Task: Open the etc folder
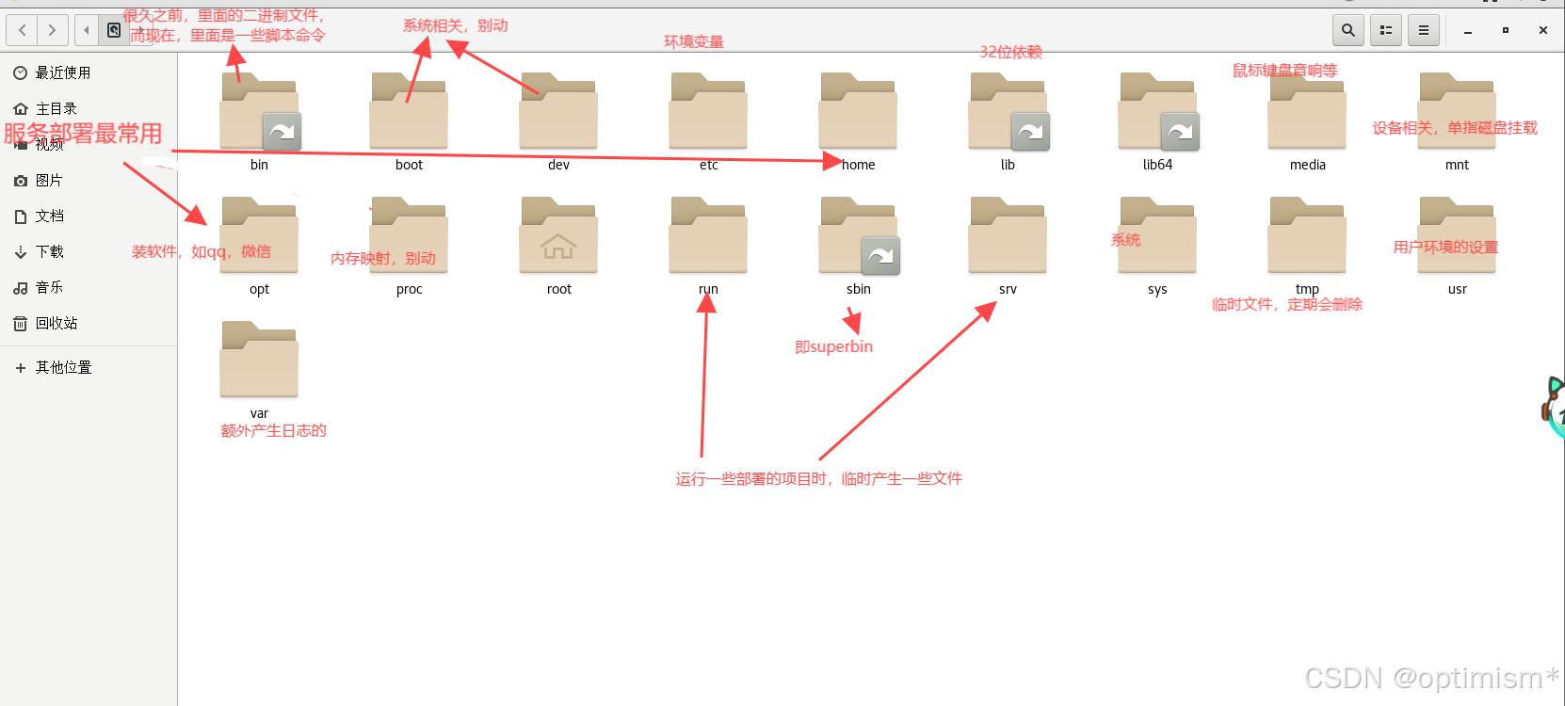(708, 113)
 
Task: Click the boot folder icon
(409, 113)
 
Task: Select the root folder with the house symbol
(558, 237)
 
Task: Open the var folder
(259, 361)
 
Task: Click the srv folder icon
(1008, 237)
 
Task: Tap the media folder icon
(1307, 113)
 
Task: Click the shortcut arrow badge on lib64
(1180, 132)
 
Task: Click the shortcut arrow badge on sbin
(880, 256)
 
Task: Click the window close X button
(1542, 30)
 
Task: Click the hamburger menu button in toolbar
(1423, 30)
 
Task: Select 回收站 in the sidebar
(56, 323)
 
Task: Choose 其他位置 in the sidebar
(63, 367)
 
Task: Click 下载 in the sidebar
(49, 251)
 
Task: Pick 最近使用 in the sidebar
(62, 72)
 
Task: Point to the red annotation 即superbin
(833, 346)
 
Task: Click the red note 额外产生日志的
(273, 430)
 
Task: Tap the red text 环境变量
(693, 41)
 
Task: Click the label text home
(859, 165)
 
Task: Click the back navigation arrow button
(23, 30)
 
